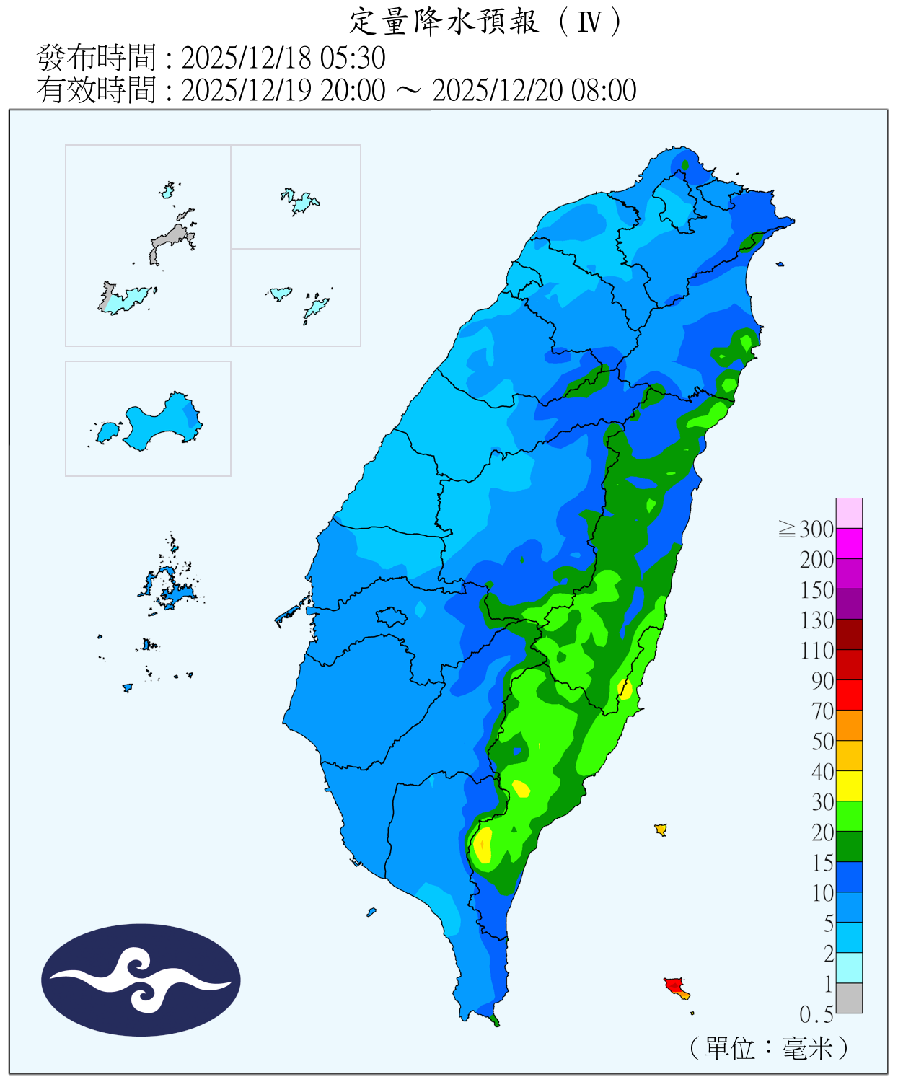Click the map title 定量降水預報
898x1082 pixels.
pyautogui.click(x=443, y=22)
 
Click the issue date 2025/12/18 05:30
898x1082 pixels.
pyautogui.click(x=283, y=58)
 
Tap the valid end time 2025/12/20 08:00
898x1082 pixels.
pyautogui.click(x=534, y=90)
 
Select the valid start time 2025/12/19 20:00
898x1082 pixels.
pyautogui.click(x=283, y=90)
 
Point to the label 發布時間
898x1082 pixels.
pyautogui.click(x=97, y=58)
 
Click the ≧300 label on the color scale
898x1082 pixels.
pyautogui.click(x=806, y=529)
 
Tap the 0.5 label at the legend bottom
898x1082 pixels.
pyautogui.click(x=816, y=1014)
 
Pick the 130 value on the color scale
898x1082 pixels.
pyautogui.click(x=816, y=620)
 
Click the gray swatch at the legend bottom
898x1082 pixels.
pyautogui.click(x=849, y=998)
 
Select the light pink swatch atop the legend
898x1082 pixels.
pyautogui.click(x=849, y=513)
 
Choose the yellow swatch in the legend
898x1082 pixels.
pyautogui.click(x=849, y=786)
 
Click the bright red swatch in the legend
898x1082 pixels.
pyautogui.click(x=849, y=695)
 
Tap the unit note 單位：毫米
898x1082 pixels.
pyautogui.click(x=769, y=1047)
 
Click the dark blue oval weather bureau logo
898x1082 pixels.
pyautogui.click(x=141, y=980)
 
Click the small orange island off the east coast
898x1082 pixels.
pyautogui.click(x=660, y=829)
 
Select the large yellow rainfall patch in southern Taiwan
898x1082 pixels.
pyautogui.click(x=483, y=845)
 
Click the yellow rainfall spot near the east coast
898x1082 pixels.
pyautogui.click(x=625, y=689)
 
